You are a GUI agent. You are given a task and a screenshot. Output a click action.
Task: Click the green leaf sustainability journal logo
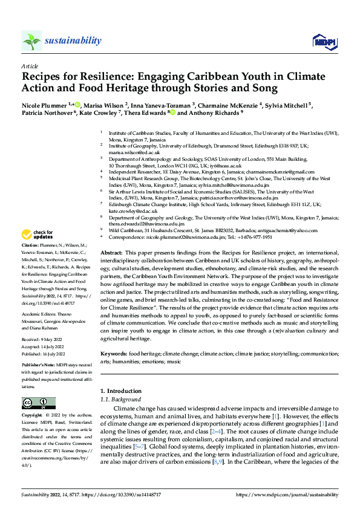coord(32,41)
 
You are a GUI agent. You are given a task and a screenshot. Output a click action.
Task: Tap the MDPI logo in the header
coord(324,41)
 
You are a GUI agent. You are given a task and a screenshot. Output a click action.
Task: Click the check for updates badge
coord(38,235)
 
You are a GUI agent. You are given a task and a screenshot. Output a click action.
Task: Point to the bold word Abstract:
coord(111,268)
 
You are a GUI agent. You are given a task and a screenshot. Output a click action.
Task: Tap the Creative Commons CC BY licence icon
coord(38,403)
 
